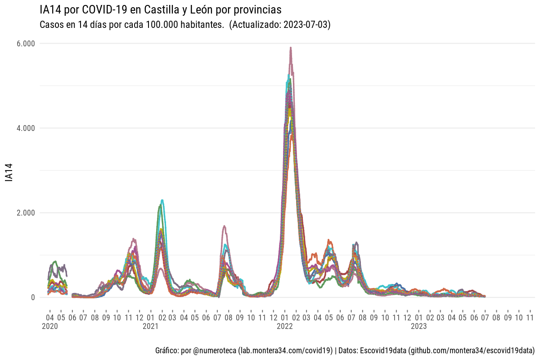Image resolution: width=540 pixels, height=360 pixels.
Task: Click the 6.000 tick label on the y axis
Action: click(26, 44)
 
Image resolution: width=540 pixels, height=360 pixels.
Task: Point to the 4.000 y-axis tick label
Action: click(26, 128)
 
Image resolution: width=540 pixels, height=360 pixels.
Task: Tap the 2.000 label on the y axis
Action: click(26, 213)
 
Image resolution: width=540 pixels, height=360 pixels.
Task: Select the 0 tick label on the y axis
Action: click(32, 297)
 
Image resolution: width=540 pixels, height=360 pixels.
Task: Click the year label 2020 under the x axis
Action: click(49, 326)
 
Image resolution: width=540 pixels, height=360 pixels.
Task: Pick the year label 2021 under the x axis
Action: click(150, 326)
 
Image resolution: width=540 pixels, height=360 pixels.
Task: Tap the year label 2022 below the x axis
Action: click(284, 326)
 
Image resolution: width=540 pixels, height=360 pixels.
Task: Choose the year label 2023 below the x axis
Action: click(418, 326)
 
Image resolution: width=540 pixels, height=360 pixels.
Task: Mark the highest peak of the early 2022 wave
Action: click(291, 47)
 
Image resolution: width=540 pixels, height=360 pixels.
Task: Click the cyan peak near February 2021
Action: click(162, 200)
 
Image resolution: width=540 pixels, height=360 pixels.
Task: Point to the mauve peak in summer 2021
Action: click(224, 226)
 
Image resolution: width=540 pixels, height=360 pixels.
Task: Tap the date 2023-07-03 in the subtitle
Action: click(305, 25)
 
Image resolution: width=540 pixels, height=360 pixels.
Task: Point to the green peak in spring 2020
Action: click(55, 261)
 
